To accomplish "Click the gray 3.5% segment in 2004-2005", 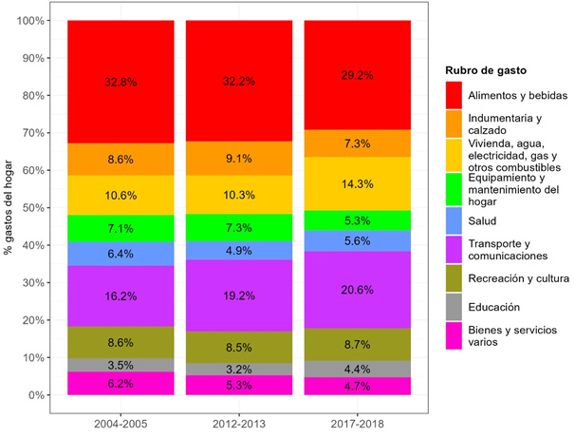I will [120, 365].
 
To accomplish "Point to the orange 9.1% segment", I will [238, 159].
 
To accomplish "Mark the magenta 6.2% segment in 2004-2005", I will [120, 383].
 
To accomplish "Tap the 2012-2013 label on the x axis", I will [238, 423].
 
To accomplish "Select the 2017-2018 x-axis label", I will [357, 423].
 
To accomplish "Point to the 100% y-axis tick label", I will [32, 21].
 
